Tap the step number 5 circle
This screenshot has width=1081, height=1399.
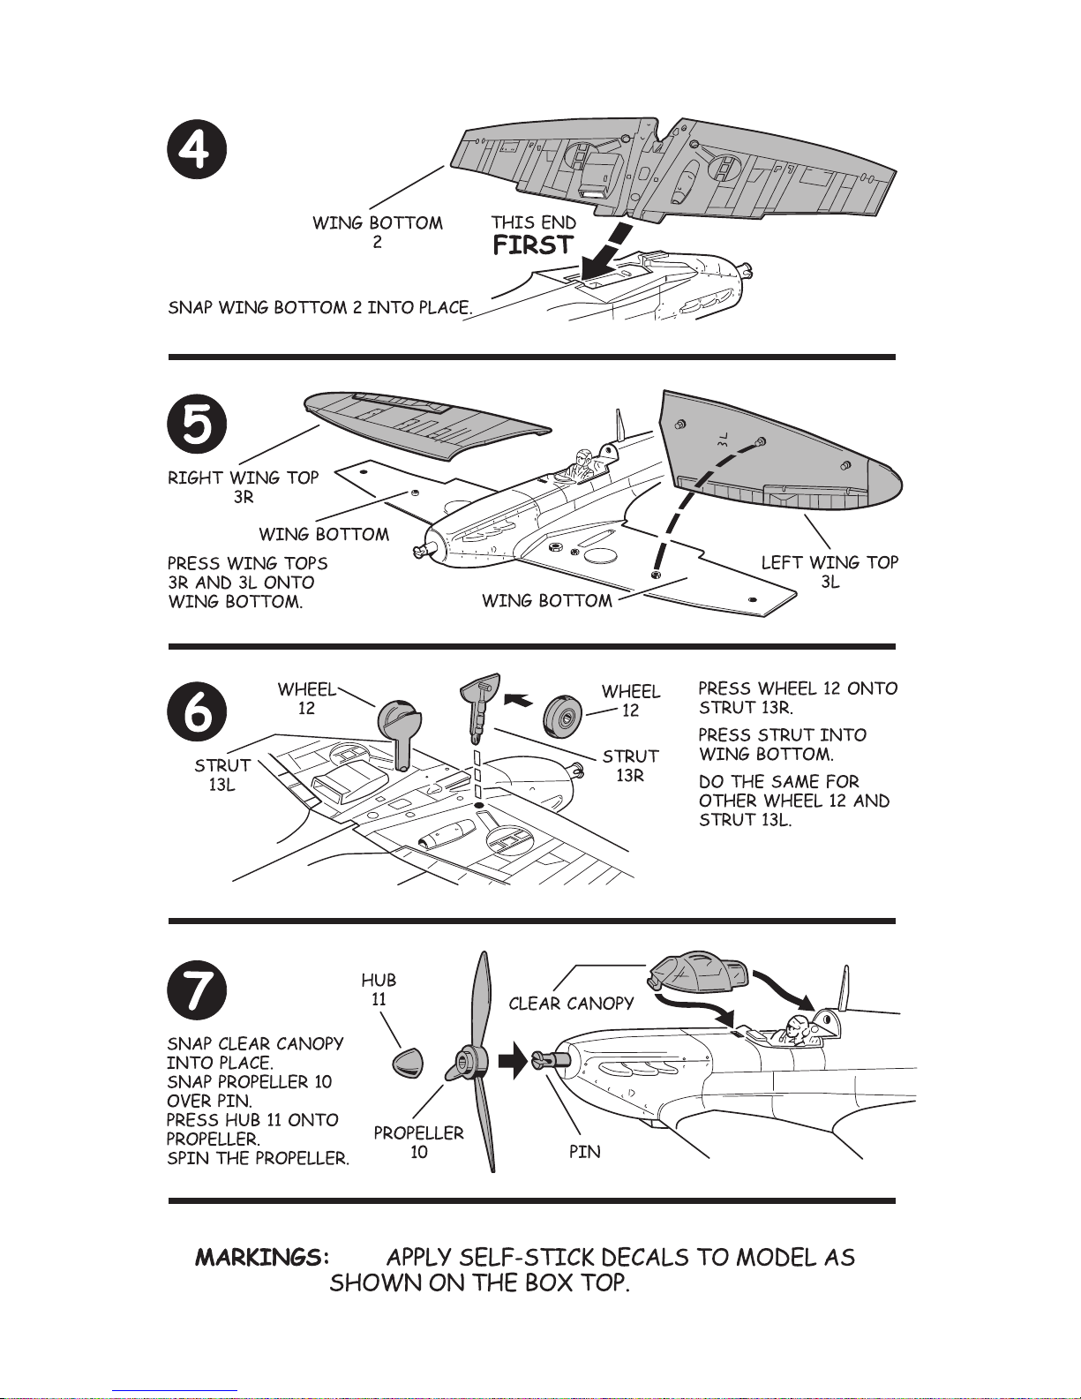(197, 424)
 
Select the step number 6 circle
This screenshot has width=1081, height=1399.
(197, 711)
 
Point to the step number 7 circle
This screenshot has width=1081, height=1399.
(197, 990)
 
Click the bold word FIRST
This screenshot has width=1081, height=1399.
(533, 245)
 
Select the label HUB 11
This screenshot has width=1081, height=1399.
(379, 989)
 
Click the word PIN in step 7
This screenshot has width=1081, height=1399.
(585, 1152)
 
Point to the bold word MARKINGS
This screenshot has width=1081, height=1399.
(262, 1258)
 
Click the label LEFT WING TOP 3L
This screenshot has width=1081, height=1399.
(830, 572)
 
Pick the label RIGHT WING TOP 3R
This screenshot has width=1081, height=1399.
(244, 486)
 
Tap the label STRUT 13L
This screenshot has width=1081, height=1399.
(222, 774)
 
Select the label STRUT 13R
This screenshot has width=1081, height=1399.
(631, 765)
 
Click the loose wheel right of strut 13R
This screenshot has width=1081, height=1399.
(563, 717)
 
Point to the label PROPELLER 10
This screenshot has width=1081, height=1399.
(419, 1142)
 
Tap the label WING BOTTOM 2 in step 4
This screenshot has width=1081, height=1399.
(378, 232)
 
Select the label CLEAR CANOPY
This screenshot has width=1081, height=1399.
(572, 1004)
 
